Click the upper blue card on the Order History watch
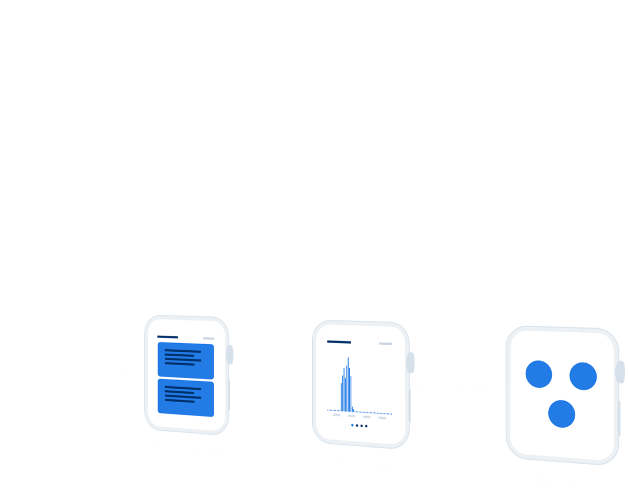185,360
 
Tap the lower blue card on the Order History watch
185,398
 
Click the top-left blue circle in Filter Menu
539,374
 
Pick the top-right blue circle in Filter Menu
583,376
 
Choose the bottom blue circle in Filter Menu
561,413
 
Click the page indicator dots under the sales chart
359,426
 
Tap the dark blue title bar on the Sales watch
339,342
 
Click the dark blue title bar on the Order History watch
167,337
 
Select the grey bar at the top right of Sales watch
385,344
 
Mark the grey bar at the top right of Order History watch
208,338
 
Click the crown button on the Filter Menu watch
621,372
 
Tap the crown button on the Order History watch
230,354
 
